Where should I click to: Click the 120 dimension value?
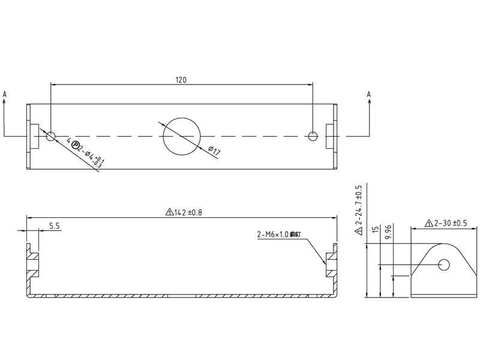[181, 80]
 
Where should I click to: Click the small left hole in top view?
[51, 136]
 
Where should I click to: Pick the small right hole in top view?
[312, 136]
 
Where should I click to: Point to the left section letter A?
[5, 94]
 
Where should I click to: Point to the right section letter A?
[368, 94]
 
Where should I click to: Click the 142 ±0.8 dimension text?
[185, 212]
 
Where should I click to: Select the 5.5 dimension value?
[54, 226]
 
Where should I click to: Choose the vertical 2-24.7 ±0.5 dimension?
[359, 210]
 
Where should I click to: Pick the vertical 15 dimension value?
[375, 230]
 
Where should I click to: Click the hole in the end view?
[444, 264]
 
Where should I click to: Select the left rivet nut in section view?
[33, 265]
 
